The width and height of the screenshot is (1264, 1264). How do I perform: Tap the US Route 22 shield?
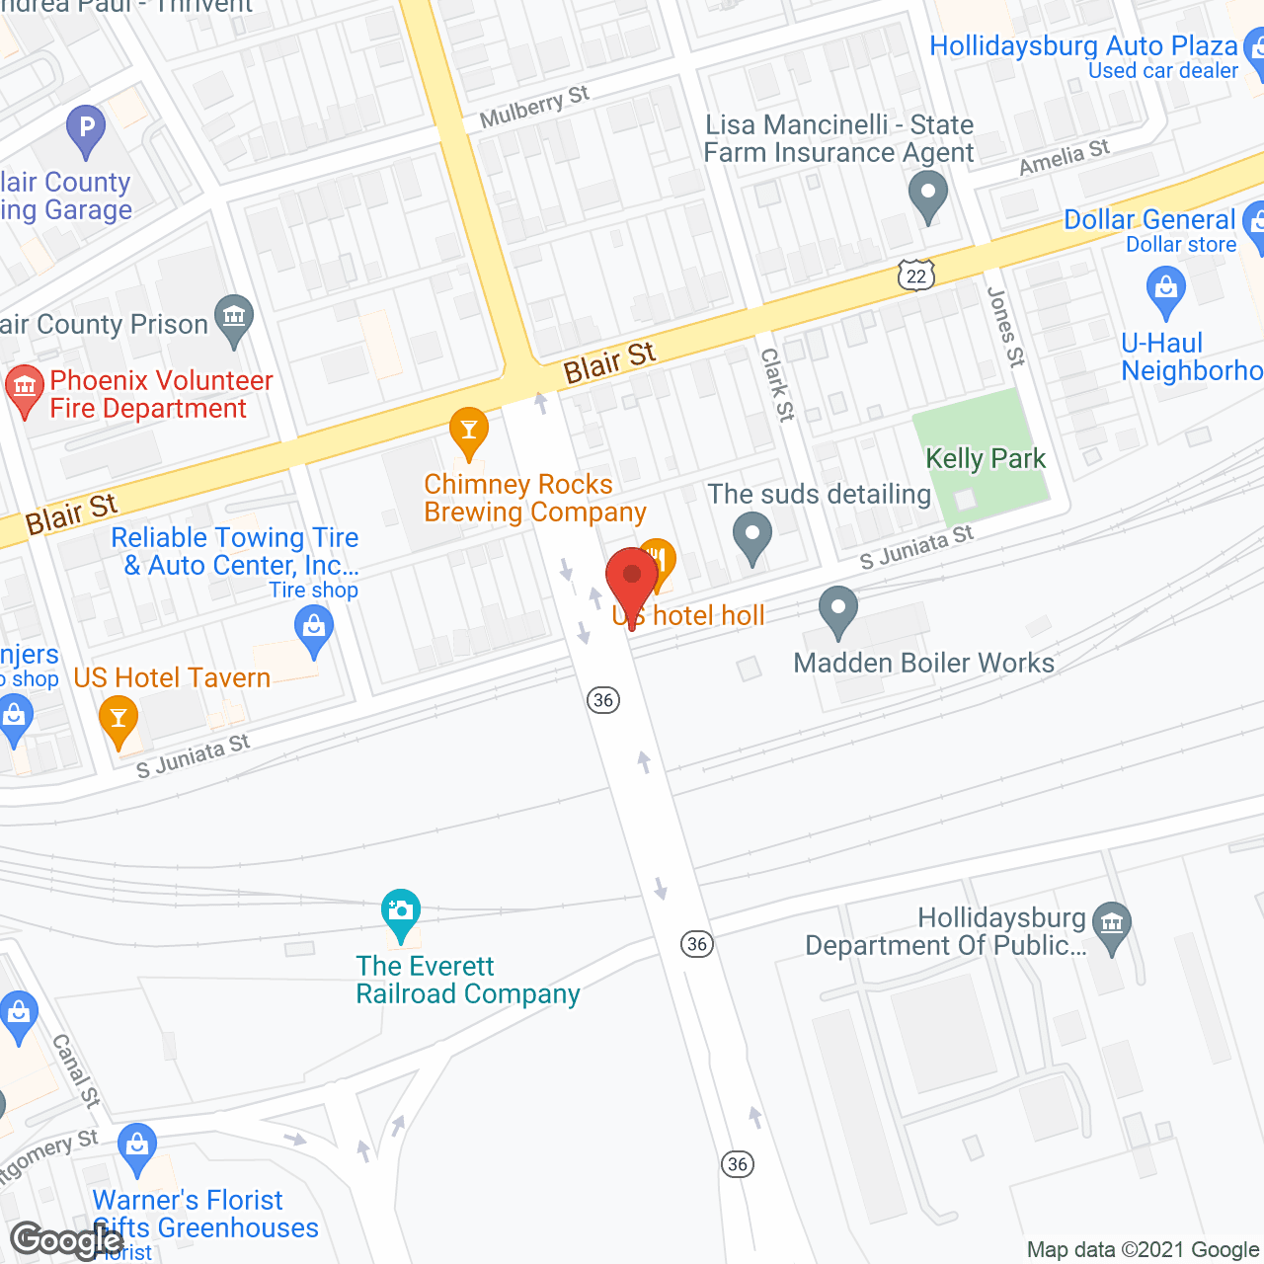[916, 276]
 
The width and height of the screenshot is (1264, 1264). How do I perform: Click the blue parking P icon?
[86, 128]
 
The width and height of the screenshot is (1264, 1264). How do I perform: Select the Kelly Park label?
[985, 459]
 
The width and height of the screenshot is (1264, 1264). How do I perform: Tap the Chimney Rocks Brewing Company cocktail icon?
[469, 432]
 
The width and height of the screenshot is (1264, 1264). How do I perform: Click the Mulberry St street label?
[534, 107]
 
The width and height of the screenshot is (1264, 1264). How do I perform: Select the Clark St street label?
[777, 385]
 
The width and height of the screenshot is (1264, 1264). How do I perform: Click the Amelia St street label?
[1065, 157]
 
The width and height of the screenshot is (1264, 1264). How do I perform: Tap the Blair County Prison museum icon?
[234, 319]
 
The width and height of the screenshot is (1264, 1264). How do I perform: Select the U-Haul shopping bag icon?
[1166, 291]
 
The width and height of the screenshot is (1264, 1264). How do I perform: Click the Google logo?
[65, 1240]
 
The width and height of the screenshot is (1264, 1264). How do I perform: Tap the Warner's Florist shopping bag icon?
[137, 1147]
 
